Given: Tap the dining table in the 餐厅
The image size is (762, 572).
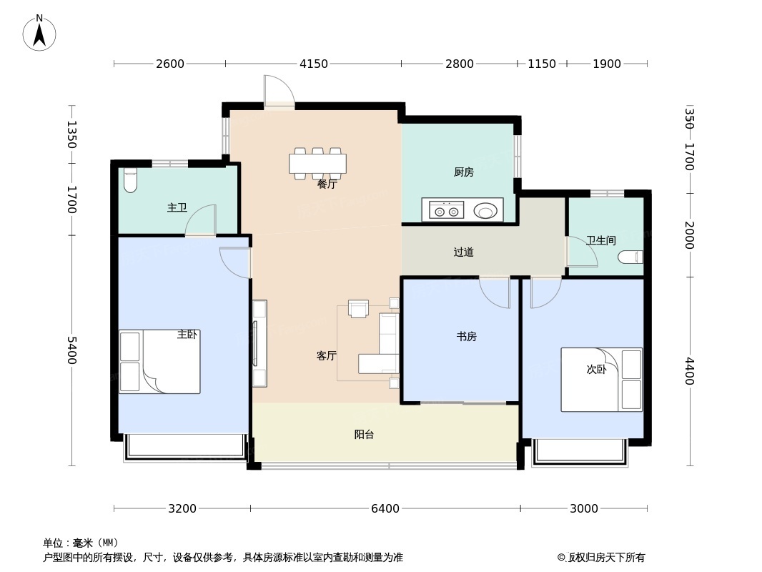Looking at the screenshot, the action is point(318,163).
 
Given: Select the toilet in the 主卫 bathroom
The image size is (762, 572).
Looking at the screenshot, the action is point(130,180).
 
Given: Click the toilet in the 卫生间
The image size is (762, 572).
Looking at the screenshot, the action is point(630,257).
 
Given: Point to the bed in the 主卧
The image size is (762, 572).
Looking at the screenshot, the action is point(159,362).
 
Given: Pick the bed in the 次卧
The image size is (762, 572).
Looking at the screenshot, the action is point(602,380).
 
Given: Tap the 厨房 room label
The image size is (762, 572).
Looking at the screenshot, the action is point(464,172).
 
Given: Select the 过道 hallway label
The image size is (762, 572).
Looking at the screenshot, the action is point(463,252).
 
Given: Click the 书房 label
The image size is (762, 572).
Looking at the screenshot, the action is point(467,336).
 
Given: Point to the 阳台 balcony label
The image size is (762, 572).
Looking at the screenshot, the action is point(364,435).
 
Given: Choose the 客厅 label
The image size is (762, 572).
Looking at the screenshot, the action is point(326,356).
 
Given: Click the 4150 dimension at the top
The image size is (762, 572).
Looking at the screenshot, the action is point(314,64).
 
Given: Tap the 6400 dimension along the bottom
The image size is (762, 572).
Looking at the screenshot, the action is point(385,508).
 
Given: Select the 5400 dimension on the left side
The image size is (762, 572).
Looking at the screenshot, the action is point(71,350).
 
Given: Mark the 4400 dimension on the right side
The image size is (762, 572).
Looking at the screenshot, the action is point(690,371).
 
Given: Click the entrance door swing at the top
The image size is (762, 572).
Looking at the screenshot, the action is point(279,90).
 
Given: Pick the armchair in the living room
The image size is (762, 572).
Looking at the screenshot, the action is point(359,309).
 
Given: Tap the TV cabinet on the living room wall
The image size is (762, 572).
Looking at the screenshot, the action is point(259,344).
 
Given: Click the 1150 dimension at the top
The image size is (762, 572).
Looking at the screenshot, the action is point(542,64).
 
